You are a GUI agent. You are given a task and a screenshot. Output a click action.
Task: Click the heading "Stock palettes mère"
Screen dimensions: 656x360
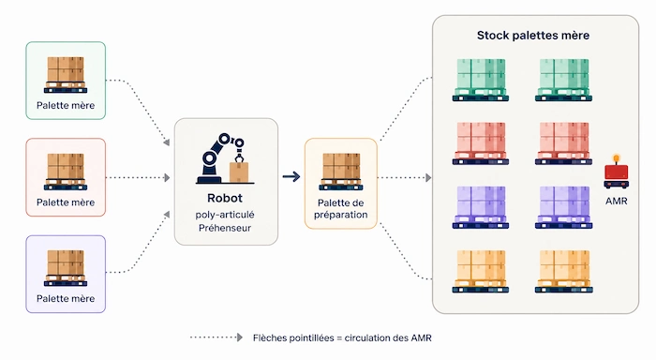(x=533, y=36)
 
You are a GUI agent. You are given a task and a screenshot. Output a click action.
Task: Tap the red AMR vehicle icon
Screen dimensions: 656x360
(x=617, y=172)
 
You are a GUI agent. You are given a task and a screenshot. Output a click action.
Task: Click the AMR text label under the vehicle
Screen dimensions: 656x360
(x=617, y=201)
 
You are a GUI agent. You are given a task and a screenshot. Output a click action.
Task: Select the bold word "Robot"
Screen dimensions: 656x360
(x=225, y=198)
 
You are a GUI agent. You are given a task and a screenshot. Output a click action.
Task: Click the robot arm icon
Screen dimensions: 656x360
(x=225, y=158)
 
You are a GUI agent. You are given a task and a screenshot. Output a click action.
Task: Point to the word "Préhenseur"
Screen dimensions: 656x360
(x=225, y=228)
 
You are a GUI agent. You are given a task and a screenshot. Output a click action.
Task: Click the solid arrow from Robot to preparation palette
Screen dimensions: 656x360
(x=291, y=176)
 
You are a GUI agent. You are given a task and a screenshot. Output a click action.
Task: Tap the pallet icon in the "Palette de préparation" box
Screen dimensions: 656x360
(x=341, y=172)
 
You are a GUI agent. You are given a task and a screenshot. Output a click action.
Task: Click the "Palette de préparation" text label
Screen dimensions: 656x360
(x=341, y=209)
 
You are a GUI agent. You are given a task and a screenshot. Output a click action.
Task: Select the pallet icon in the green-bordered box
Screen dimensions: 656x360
(x=66, y=74)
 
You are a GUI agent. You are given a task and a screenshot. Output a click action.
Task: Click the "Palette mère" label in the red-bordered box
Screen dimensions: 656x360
(x=66, y=202)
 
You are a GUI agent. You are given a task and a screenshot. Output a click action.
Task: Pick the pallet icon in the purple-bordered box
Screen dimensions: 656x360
(x=66, y=268)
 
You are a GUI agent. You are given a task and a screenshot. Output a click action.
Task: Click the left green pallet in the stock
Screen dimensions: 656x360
(x=480, y=80)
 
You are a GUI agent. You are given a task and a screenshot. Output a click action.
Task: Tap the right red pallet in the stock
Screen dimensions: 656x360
(x=563, y=143)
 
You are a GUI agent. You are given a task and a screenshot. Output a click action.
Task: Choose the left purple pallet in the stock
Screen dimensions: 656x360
(x=480, y=207)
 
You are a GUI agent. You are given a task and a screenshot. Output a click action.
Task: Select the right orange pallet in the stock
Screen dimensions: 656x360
(x=563, y=271)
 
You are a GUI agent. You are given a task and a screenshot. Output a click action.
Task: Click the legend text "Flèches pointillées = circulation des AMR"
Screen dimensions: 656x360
(x=342, y=337)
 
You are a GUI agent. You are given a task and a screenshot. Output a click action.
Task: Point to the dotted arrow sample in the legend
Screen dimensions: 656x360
(x=216, y=337)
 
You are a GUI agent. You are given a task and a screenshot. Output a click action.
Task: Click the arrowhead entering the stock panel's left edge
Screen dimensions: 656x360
(x=428, y=177)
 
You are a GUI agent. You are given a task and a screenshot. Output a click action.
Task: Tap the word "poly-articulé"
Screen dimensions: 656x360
(x=225, y=215)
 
